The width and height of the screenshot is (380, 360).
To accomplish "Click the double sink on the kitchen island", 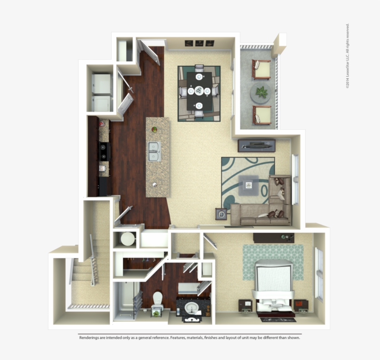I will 155,151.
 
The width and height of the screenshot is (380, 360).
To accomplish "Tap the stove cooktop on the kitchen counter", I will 103,152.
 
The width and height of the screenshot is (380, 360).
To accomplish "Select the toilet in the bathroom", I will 158,300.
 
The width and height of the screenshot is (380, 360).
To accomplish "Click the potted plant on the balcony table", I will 262,92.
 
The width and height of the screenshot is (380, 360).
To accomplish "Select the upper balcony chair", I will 261,69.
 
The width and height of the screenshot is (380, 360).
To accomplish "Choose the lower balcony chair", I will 261,114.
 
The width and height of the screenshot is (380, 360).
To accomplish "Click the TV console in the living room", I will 256,145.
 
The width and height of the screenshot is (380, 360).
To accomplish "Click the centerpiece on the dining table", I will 199,90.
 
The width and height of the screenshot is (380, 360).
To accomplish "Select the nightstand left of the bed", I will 245,306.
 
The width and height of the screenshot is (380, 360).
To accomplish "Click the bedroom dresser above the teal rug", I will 273,238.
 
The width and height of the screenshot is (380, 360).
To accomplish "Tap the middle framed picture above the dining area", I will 199,43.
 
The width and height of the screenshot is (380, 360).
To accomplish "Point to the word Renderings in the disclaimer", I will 89,338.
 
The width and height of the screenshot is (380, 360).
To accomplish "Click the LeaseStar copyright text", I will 348,56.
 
